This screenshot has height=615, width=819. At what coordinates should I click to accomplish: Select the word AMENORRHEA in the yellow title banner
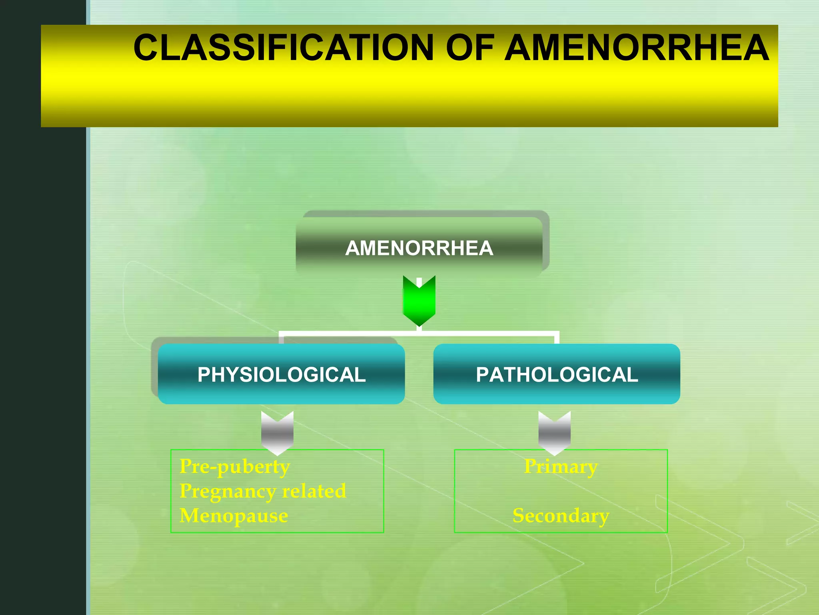point(636,48)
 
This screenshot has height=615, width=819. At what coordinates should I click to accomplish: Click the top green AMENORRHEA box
point(419,248)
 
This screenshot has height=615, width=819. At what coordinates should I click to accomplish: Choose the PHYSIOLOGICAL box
point(281,374)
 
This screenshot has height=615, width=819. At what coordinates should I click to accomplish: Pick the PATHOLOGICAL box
point(557,374)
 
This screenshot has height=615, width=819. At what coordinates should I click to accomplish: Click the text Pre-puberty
point(235,466)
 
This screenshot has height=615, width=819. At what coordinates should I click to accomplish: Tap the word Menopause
point(234,516)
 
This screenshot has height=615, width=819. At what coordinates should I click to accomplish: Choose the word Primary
point(561,466)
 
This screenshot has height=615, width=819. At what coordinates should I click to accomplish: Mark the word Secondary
point(561,516)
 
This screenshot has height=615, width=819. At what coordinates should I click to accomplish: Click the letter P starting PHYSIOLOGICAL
point(204,375)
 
